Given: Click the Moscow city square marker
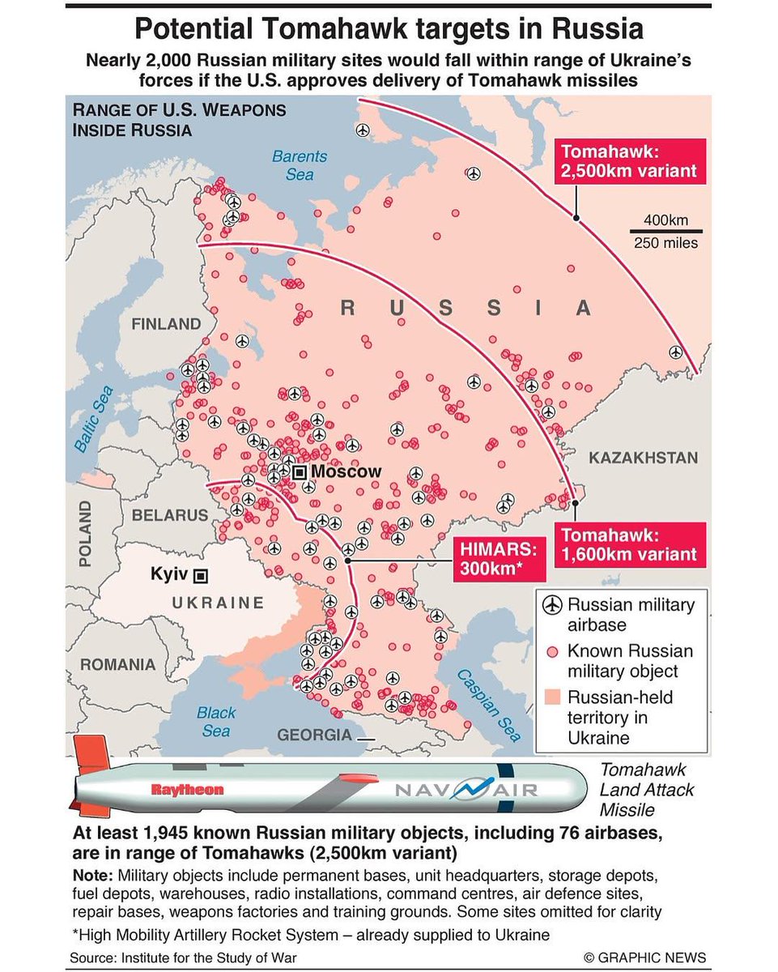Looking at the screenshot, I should [300, 472].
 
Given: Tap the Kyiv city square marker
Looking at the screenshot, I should [201, 575].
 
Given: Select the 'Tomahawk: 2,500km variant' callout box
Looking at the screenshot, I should [629, 162].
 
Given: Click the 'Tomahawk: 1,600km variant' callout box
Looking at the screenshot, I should [629, 544].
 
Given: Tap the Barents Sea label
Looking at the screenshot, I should [299, 165].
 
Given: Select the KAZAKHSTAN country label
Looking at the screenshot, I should [643, 458].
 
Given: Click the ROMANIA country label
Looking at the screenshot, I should [117, 664].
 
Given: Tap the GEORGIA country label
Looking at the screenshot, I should [314, 735].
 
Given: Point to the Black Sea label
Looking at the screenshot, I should [215, 722].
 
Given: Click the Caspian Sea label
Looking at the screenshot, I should [488, 705].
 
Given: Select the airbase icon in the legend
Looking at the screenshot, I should [552, 605].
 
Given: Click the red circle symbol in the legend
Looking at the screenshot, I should [552, 651].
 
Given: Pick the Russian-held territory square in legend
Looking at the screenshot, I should [552, 697].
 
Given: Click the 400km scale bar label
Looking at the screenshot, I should [665, 220].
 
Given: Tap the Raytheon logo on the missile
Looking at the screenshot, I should [187, 789].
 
